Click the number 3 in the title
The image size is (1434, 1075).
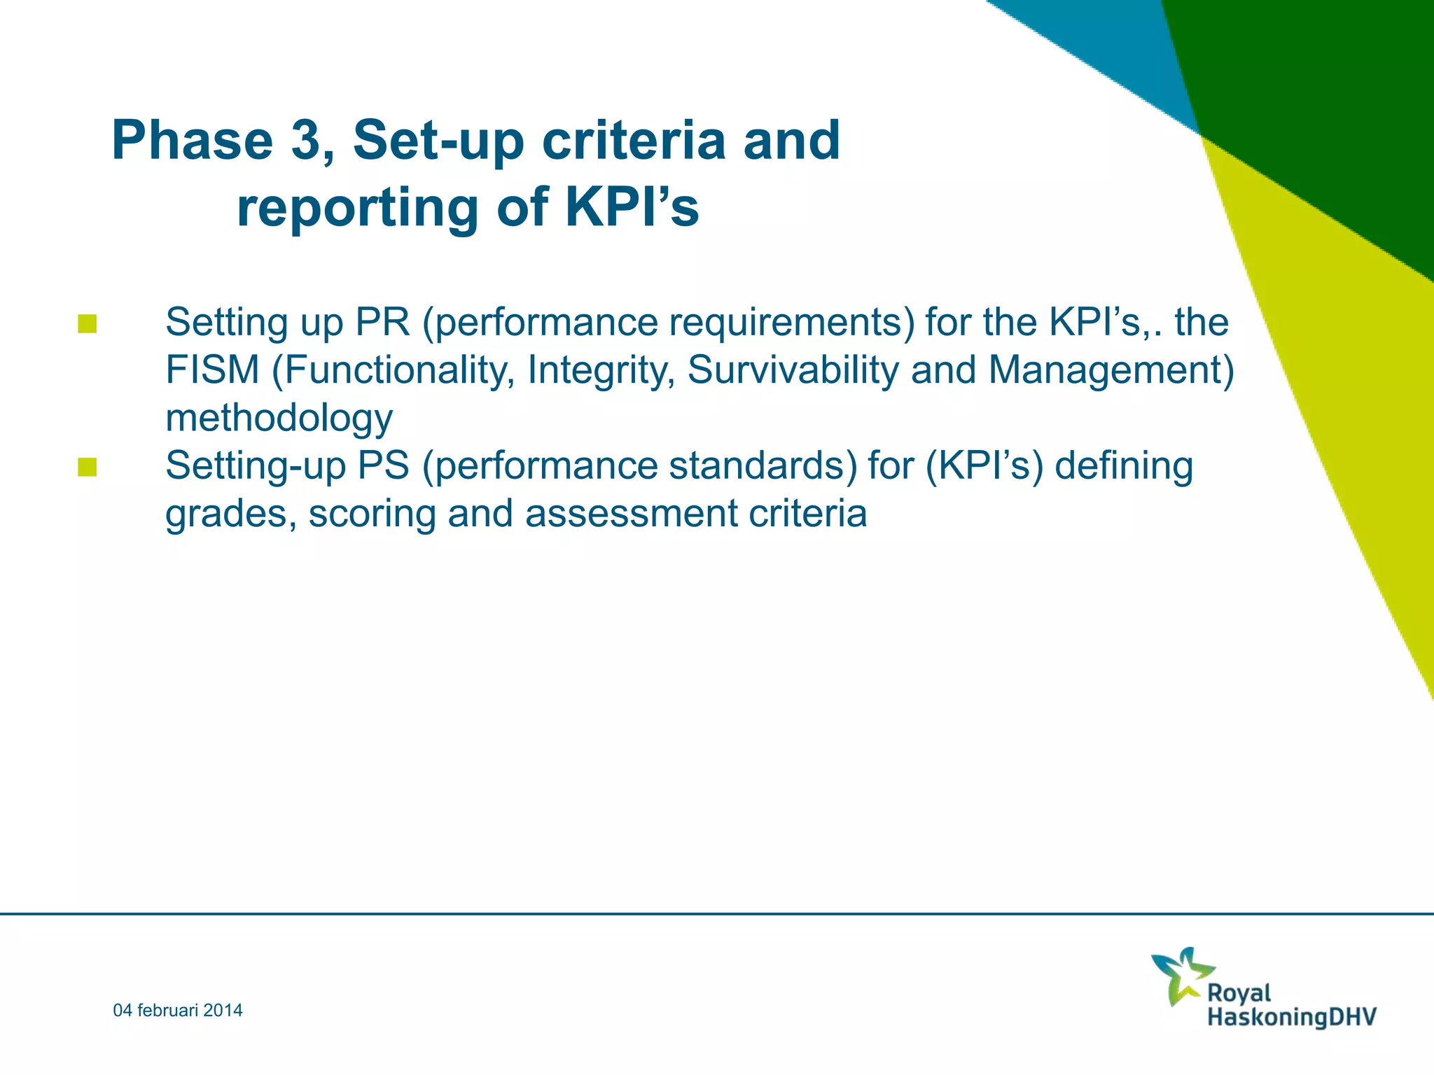tap(305, 140)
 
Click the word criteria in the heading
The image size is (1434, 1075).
tap(634, 140)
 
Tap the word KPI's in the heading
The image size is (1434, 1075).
tap(632, 207)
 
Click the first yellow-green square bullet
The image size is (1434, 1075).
tap(88, 324)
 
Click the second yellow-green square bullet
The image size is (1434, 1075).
tap(88, 467)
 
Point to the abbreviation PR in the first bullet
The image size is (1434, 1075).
tap(382, 322)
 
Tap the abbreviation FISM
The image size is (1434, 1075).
tap(212, 370)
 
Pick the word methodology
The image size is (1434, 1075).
tap(279, 419)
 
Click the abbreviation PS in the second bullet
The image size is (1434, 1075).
tap(383, 465)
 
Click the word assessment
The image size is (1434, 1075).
tap(631, 513)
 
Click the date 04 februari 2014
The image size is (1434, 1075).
tap(178, 1010)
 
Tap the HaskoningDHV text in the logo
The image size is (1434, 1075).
tap(1291, 1016)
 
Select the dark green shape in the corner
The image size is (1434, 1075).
tap(1316, 105)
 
